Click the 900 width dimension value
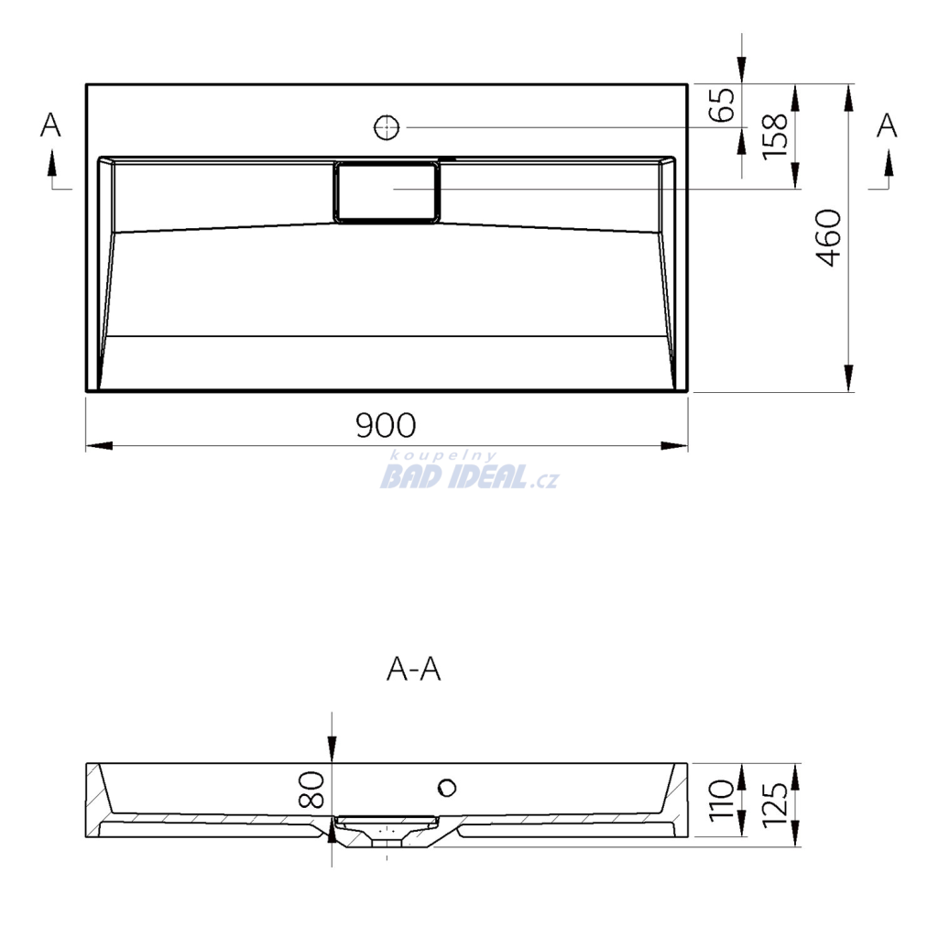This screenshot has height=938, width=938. (x=386, y=425)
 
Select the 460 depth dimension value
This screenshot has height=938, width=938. (x=828, y=237)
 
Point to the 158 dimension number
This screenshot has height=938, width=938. (x=775, y=136)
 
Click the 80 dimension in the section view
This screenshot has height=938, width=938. (x=311, y=790)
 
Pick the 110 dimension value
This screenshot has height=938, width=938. (x=721, y=801)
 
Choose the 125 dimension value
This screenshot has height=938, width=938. (x=775, y=804)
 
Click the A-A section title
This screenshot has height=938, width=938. (x=414, y=669)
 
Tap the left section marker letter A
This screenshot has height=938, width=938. (x=50, y=125)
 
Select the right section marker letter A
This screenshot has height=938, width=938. (x=887, y=125)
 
